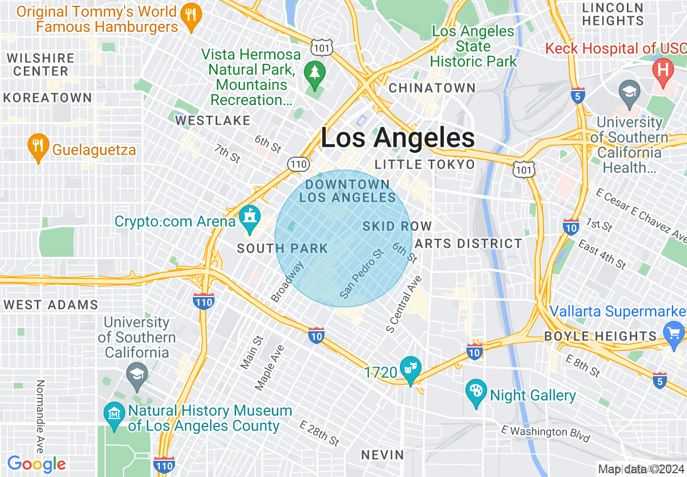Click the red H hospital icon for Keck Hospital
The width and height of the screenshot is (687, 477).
[662, 69]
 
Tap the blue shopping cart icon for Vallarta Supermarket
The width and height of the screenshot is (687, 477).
[674, 332]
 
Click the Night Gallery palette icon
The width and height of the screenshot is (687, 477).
[476, 392]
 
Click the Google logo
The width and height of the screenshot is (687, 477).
[36, 464]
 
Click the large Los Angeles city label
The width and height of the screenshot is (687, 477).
[398, 138]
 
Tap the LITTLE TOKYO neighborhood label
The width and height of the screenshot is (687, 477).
[425, 164]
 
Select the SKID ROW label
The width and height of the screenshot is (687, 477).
[397, 226]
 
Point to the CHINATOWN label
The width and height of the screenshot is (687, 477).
[432, 88]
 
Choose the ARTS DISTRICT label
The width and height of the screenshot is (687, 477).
[469, 244]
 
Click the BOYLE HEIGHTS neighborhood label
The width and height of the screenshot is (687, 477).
[600, 336]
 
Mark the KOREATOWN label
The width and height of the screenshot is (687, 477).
[48, 98]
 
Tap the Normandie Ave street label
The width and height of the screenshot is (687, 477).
[40, 416]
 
